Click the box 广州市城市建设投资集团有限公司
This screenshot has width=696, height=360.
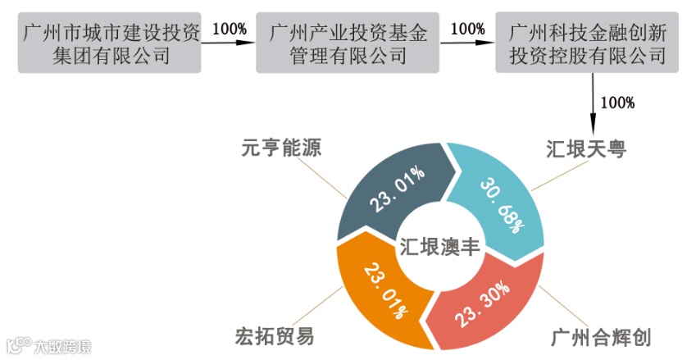point(111,44)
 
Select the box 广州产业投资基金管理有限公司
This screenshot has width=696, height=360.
point(348,44)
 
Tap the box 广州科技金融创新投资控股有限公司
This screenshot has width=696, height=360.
point(587,44)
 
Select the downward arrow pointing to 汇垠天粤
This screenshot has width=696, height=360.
point(594,103)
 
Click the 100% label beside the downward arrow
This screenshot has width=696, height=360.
point(618,103)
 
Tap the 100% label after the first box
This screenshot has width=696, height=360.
point(230,29)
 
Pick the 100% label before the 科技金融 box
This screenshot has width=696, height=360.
point(468,29)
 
